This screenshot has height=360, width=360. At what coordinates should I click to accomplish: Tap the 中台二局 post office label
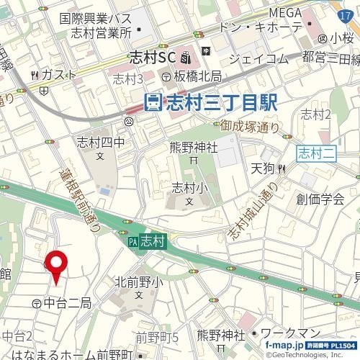62,303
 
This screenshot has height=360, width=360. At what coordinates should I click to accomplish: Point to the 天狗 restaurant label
264,169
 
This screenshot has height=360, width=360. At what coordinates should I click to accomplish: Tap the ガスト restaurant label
54,75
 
